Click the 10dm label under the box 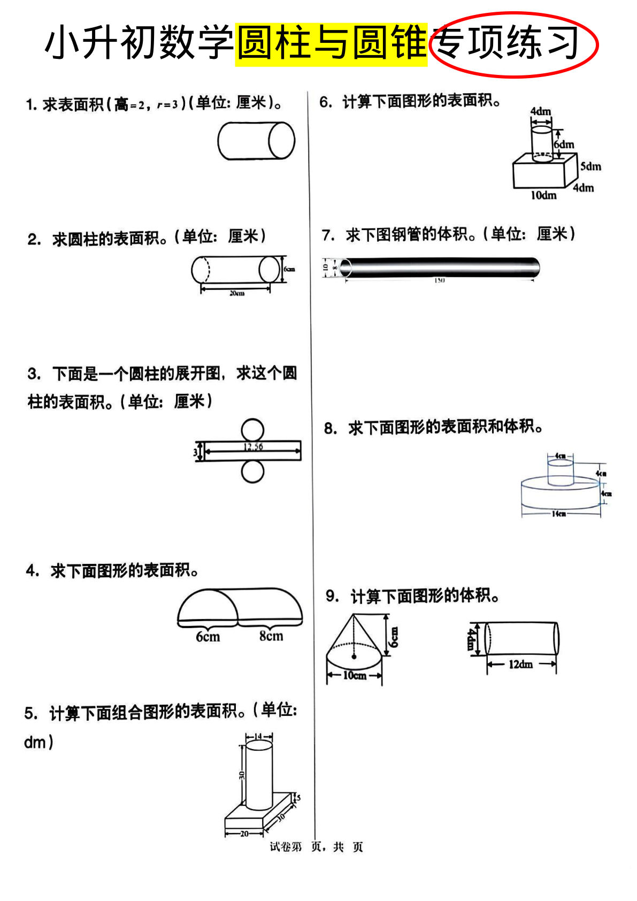[543, 195]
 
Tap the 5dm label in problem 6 [590, 166]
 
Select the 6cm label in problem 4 [208, 637]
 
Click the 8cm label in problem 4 [271, 636]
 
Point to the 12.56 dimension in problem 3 [253, 447]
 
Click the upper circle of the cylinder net [252, 430]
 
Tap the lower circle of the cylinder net [252, 472]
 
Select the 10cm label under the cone [355, 675]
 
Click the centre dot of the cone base [354, 655]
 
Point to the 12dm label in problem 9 [520, 664]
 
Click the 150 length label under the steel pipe [439, 280]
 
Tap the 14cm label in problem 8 [558, 514]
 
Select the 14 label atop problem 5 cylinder [258, 736]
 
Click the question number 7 [327, 235]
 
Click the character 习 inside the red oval [563, 43]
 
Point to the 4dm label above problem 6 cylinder [540, 111]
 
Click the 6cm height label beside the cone [393, 637]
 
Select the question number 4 [32, 570]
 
